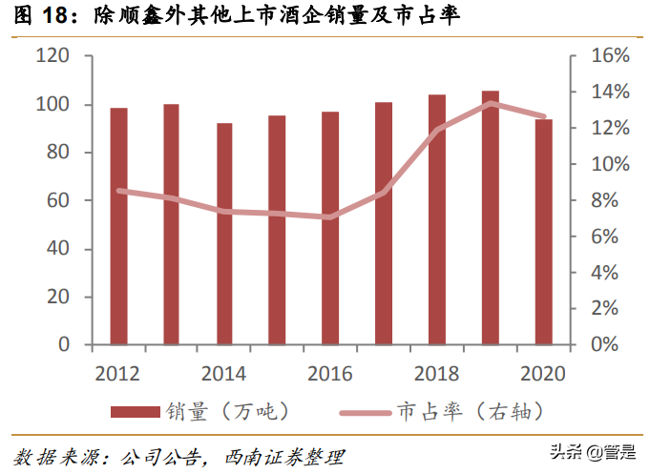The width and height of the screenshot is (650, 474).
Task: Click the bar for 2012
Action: [118, 226]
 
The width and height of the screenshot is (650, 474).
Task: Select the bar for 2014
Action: [224, 234]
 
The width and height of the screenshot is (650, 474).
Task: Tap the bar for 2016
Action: [330, 228]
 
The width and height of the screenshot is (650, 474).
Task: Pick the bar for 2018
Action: [436, 219]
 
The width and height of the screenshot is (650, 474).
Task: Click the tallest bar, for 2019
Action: [490, 217]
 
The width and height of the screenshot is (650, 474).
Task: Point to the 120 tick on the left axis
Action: [54, 56]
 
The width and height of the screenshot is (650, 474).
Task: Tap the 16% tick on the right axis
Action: [609, 56]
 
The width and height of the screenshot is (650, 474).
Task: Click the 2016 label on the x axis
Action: [330, 373]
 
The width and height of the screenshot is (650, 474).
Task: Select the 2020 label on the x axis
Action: [543, 373]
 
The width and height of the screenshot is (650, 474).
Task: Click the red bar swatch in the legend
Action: [135, 411]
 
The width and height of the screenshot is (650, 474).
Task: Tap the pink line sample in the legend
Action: [367, 412]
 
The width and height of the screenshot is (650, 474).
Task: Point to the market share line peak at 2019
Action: [490, 103]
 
